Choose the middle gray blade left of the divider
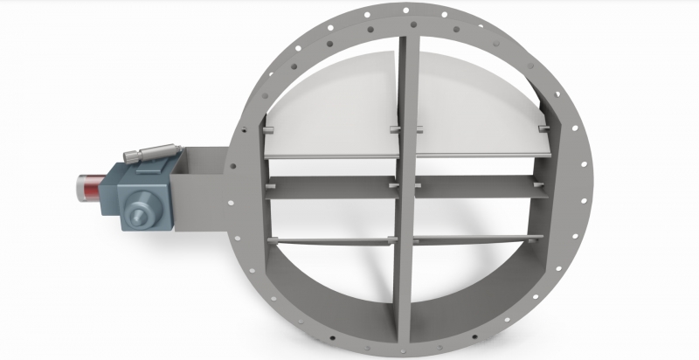[332, 186]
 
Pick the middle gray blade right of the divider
[476, 186]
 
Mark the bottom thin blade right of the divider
[476, 241]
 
